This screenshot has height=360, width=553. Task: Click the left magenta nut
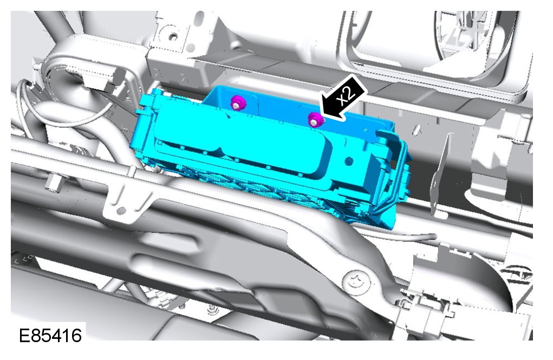(x=237, y=103)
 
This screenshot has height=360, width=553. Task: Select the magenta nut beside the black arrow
(x=315, y=120)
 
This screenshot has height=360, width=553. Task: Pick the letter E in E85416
(x=24, y=335)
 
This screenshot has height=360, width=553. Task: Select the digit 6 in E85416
(x=76, y=335)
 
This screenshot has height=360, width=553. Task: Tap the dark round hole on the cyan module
(x=349, y=161)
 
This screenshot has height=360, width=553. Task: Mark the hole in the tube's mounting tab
(x=121, y=211)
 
